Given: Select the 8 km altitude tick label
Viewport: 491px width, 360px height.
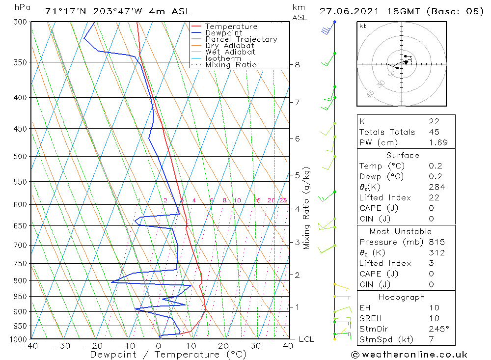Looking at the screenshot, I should coord(298,65).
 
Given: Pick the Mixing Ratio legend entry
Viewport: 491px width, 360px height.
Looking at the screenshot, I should coord(231,64).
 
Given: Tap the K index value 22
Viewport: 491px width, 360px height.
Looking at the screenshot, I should coord(434,121).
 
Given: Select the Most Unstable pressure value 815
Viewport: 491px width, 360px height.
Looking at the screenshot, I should coord(436,242).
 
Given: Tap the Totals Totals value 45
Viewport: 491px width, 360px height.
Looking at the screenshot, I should coord(434,132).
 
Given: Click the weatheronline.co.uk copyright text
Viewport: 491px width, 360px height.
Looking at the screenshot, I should coord(409,354).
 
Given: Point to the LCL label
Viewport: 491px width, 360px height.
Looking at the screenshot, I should coord(306,339).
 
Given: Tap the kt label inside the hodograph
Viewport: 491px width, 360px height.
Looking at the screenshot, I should coord(362,26).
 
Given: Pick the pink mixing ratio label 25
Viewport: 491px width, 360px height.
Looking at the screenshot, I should coord(283,200).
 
